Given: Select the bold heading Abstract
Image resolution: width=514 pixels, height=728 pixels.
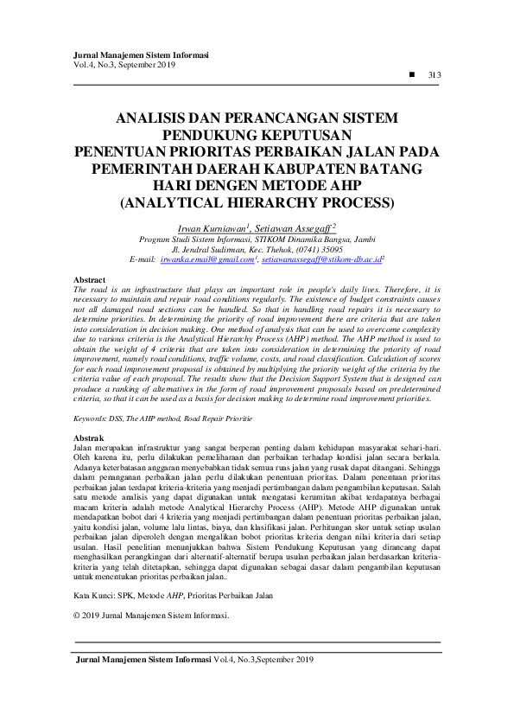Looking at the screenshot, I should click(x=90, y=281).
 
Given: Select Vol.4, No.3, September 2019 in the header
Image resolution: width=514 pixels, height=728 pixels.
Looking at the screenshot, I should click(x=124, y=65).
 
